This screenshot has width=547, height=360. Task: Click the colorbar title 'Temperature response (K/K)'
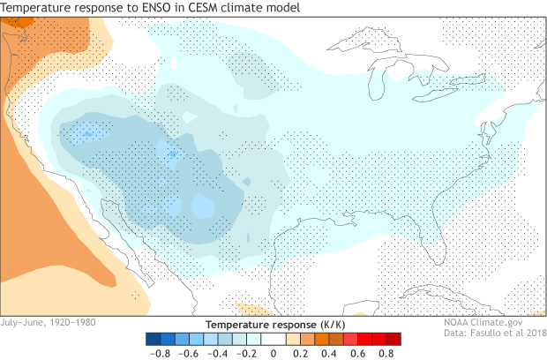tap(273, 324)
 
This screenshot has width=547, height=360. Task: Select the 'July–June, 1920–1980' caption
tap(49, 322)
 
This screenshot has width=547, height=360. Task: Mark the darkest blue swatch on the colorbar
tap(152, 338)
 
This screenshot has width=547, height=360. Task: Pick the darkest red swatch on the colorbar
tap(394, 338)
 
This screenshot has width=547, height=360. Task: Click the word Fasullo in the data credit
tap(481, 334)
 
